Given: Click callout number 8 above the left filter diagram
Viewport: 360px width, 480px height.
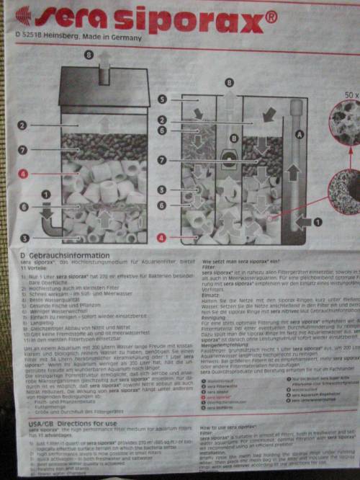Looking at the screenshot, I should coord(89,55).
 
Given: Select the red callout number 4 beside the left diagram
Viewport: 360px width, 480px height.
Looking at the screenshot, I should coord(24,174).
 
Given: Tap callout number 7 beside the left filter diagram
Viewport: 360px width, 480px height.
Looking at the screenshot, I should coord(24,150).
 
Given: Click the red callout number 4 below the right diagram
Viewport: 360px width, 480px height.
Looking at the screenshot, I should coord(163,236).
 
